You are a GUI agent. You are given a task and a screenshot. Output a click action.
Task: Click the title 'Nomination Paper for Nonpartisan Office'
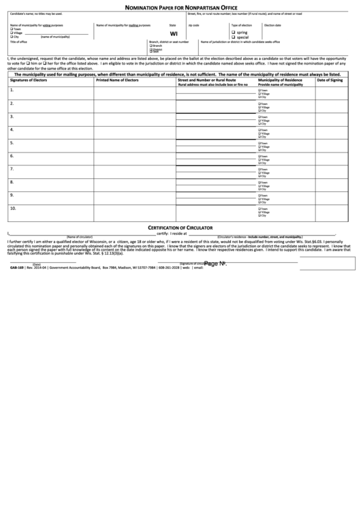[x=180, y=5]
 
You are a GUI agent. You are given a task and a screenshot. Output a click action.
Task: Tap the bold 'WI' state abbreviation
[x=174, y=33]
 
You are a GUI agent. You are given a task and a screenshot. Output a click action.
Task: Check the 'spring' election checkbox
[x=234, y=31]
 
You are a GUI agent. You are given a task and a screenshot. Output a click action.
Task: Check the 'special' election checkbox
[x=234, y=36]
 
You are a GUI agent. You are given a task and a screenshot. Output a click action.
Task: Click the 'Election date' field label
[x=272, y=25]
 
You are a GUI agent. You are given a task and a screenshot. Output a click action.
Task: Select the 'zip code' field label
[x=193, y=25]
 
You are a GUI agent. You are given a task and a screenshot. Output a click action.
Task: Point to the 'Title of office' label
[x=18, y=42]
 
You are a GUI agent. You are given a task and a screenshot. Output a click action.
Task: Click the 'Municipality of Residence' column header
[x=280, y=80]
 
